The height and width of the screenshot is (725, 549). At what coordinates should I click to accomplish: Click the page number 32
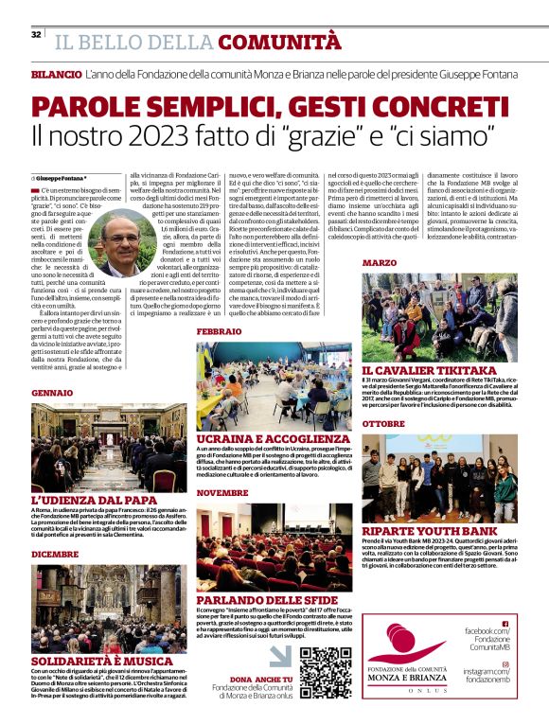click(36, 35)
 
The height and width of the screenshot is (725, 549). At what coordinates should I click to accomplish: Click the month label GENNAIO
click(52, 392)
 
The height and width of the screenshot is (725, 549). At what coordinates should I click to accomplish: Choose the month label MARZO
click(379, 262)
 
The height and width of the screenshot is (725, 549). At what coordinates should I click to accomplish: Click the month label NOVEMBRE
click(222, 493)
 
